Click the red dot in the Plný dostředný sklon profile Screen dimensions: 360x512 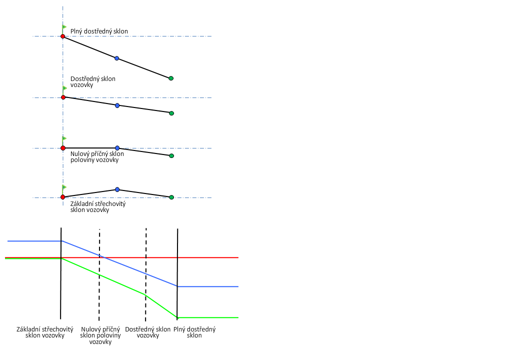click(x=62, y=36)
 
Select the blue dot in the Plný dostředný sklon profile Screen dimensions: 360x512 click(x=117, y=58)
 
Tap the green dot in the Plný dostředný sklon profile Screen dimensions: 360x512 click(x=171, y=78)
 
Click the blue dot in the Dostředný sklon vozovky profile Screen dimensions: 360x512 click(x=117, y=105)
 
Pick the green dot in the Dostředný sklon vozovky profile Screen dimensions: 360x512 click(x=171, y=113)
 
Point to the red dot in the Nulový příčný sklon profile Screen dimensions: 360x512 click(x=62, y=148)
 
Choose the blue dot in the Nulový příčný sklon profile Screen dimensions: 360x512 click(x=117, y=148)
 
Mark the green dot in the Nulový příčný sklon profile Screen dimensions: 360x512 click(x=171, y=156)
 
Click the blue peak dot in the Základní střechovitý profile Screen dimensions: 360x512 click(x=117, y=189)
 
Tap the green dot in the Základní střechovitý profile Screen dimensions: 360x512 click(x=171, y=197)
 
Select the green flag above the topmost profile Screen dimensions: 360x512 click(x=64, y=27)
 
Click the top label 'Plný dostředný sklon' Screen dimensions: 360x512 click(x=99, y=31)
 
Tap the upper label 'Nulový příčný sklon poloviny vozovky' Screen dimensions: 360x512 click(x=97, y=157)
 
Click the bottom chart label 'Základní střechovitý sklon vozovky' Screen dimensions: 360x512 click(x=45, y=332)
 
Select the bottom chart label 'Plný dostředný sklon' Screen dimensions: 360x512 click(x=194, y=332)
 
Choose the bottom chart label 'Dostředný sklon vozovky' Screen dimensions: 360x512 click(x=148, y=332)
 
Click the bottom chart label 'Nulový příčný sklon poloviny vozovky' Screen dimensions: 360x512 click(x=100, y=335)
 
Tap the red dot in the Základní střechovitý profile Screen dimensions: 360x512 click(x=62, y=197)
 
